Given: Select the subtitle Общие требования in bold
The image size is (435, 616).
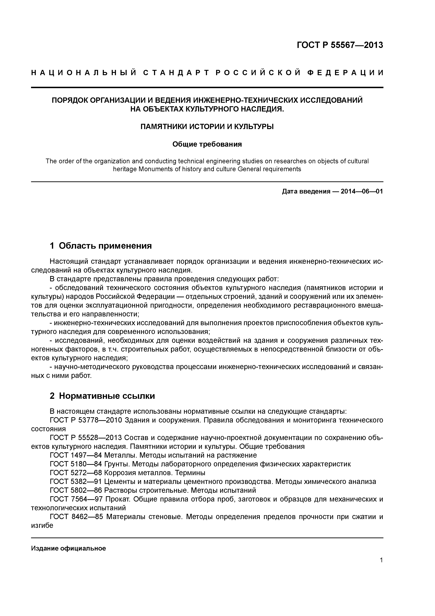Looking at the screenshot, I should (207, 144).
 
